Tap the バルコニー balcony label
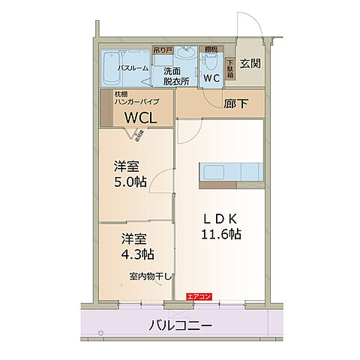tap(179, 326)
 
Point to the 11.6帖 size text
tap(220, 234)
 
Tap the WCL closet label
tap(141, 117)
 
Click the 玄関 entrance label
tap(250, 64)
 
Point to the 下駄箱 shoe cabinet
tap(230, 69)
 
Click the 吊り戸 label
tap(162, 50)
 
